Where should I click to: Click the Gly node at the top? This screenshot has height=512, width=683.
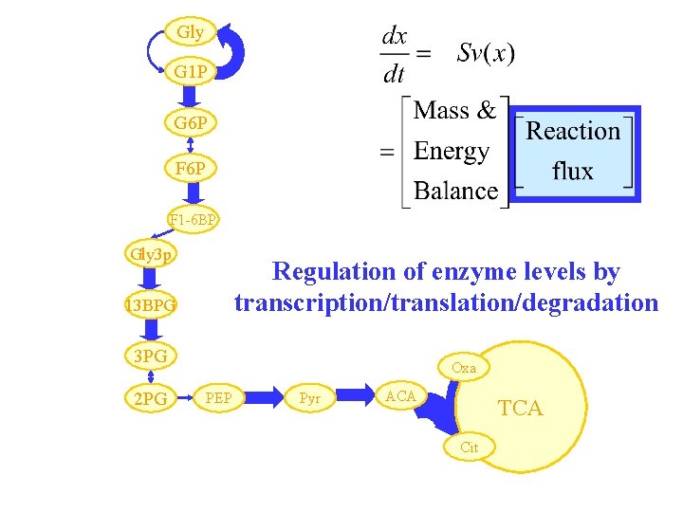190,32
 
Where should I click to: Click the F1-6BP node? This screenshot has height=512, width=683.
194,220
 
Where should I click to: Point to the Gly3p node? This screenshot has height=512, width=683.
150,254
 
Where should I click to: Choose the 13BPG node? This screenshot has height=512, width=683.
150,305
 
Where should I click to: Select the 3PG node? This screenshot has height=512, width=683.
150,356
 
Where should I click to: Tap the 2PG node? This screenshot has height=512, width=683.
150,399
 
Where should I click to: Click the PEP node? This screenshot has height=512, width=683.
224,397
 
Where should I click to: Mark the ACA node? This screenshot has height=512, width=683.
400,396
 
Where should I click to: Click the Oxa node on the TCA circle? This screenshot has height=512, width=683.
464,367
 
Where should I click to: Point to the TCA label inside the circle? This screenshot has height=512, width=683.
521,409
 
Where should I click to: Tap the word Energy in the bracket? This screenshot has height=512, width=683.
452,151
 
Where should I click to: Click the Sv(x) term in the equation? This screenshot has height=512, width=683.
486,53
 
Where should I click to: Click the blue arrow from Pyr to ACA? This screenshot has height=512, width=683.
357,393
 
